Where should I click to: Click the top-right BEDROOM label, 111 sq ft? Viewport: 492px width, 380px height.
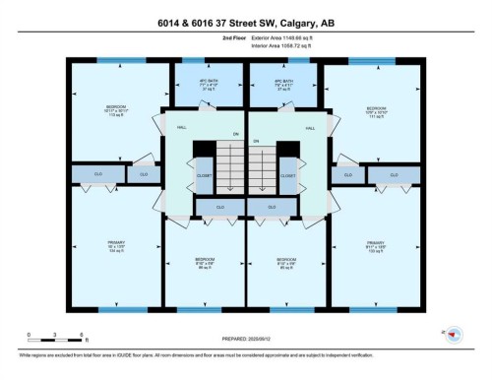coord(376,112)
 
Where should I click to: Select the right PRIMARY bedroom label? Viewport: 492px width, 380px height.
coord(375,246)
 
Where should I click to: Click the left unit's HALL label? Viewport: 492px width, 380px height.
coord(181,128)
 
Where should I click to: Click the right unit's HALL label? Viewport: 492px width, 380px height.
coord(309,128)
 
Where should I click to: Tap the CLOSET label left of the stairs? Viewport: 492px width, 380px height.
coord(204,176)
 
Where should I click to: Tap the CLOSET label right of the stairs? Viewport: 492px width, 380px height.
coord(287,176)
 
